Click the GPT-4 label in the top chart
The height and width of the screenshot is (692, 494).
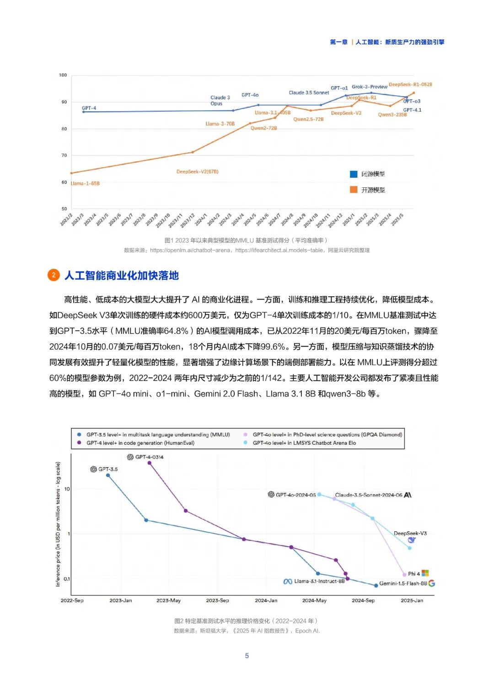pos(89,108)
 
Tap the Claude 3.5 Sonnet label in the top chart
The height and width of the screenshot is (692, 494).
pos(309,93)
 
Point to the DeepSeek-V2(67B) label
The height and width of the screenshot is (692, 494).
pos(197,172)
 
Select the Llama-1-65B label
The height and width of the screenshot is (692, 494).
pos(85,183)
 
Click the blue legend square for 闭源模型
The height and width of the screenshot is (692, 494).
pos(354,174)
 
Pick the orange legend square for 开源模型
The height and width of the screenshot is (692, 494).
pos(354,190)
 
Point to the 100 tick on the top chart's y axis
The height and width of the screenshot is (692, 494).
pos(63,75)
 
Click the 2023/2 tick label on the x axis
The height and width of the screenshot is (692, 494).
pos(66,219)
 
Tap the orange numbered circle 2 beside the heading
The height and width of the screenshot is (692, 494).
pos(54,275)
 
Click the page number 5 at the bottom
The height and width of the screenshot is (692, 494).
pos(247,656)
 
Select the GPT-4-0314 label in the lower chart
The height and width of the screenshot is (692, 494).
pos(149,457)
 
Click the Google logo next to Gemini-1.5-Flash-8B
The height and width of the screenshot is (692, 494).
pos(431,583)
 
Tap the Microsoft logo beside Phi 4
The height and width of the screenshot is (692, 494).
pos(425,573)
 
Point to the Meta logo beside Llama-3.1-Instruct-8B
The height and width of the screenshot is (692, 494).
pos(288,581)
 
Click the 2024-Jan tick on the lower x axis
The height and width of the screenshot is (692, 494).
pos(266,600)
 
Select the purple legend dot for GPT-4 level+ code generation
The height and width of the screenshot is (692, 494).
pos(79,443)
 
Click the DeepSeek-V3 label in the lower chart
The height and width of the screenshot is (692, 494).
pos(410,533)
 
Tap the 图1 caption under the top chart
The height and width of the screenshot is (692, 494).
pos(246,240)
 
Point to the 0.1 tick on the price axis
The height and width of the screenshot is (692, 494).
pos(67,579)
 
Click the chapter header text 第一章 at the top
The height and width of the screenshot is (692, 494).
pos(338,42)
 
